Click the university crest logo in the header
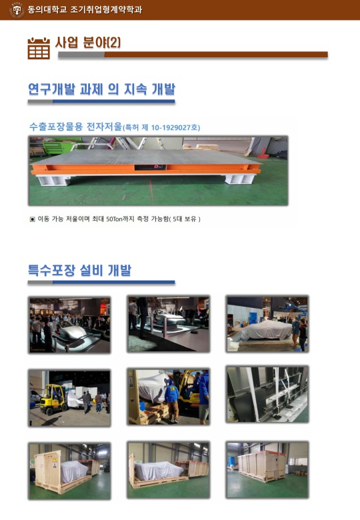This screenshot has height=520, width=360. [x=17, y=9]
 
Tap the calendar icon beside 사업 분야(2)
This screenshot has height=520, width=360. [x=39, y=49]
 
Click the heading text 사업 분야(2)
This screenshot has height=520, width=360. [x=88, y=43]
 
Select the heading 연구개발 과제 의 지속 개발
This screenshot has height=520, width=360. [x=101, y=89]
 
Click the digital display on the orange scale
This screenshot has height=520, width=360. [x=151, y=167]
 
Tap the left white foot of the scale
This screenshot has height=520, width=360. [x=54, y=181]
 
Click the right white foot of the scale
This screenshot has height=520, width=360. [x=241, y=179]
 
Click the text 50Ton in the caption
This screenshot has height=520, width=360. [x=115, y=219]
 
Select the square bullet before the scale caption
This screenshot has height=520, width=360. [x=32, y=219]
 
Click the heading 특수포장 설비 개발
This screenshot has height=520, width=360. [x=79, y=270]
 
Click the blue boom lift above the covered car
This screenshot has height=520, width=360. [x=297, y=309]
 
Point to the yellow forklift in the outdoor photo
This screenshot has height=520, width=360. [x=53, y=399]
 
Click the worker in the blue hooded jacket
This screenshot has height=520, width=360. [x=172, y=401]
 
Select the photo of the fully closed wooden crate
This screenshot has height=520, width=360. [x=267, y=469]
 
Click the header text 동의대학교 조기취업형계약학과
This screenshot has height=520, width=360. [x=85, y=9]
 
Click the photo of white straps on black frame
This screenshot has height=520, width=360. [x=267, y=394]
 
